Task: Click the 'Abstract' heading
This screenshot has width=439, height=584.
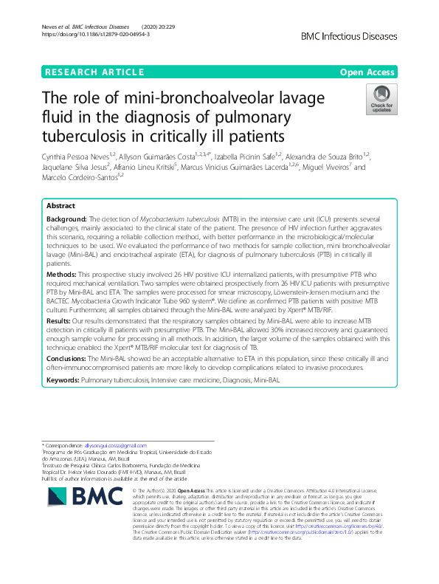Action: [61, 206]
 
